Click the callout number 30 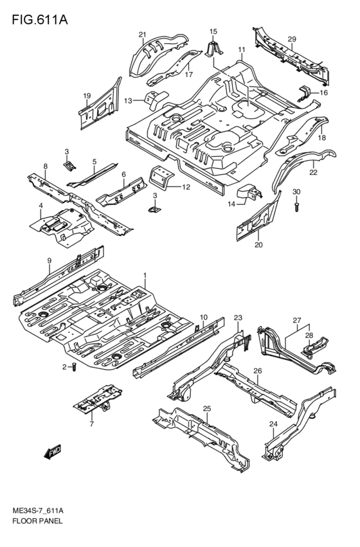pyautogui.click(x=296, y=192)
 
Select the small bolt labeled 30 pyautogui.click(x=296, y=206)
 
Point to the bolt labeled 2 pyautogui.click(x=75, y=368)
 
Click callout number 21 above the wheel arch pyautogui.click(x=143, y=35)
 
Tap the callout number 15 pyautogui.click(x=213, y=31)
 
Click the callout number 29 pyautogui.click(x=291, y=40)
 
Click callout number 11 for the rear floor pyautogui.click(x=242, y=50)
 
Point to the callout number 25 pyautogui.click(x=207, y=409)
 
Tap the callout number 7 pyautogui.click(x=91, y=424)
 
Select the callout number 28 pyautogui.click(x=309, y=336)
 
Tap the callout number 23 pyautogui.click(x=237, y=318)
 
